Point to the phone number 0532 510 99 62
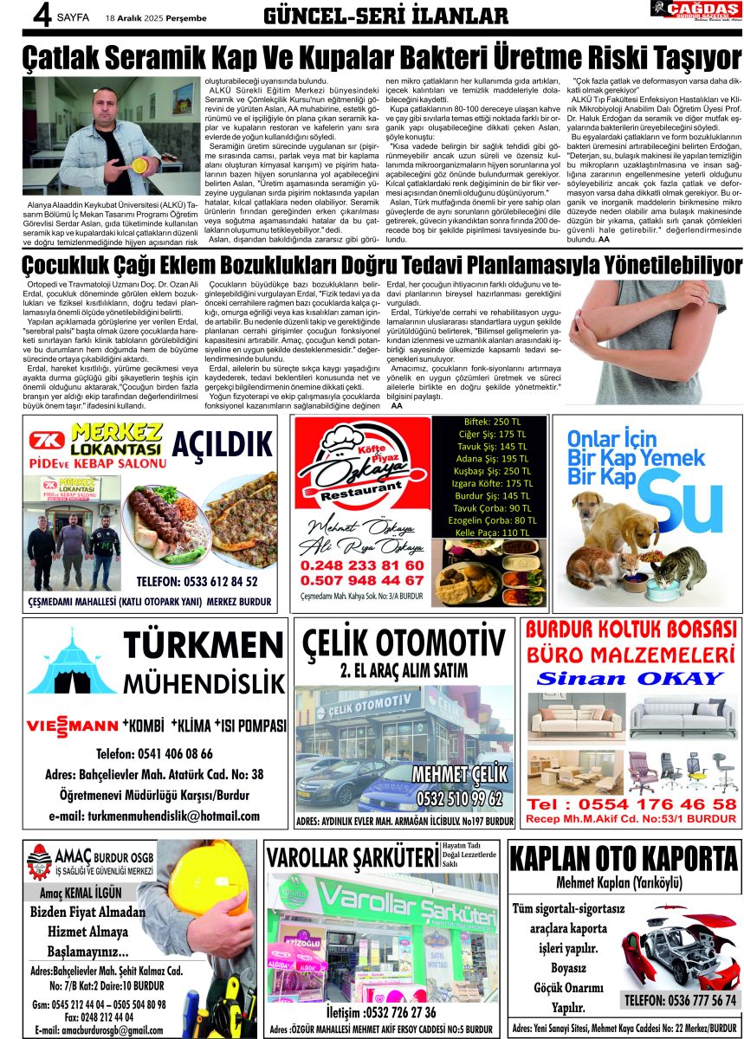[459, 797]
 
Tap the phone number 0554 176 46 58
[631, 804]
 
